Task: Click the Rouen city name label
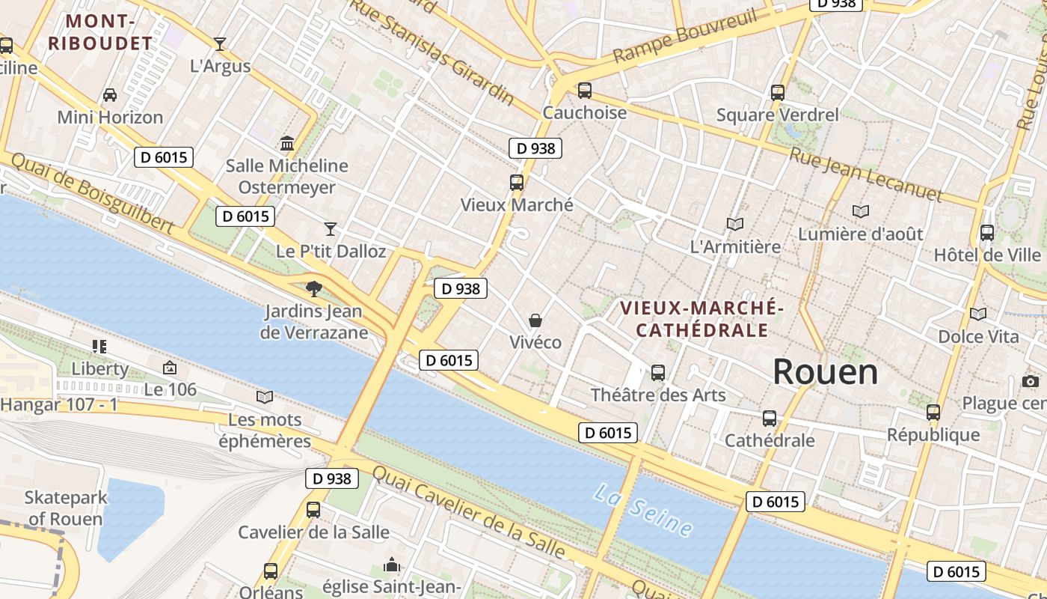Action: [x=825, y=371]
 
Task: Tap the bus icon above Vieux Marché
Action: [x=516, y=182]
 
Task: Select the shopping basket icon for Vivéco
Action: [x=535, y=320]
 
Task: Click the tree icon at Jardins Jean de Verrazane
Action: [x=314, y=288]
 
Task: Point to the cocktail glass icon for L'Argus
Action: [x=220, y=44]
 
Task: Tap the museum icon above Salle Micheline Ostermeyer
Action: [x=287, y=143]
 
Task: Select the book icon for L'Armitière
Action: [x=735, y=224]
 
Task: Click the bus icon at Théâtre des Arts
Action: [x=658, y=372]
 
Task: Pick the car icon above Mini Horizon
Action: [x=110, y=95]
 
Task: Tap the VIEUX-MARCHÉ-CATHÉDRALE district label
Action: [x=702, y=319]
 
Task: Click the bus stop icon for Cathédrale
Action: [x=770, y=418]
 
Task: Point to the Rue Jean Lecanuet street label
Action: [x=866, y=174]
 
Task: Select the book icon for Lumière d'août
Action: [x=861, y=212]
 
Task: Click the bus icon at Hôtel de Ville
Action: [x=987, y=233]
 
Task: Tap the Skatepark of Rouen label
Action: [x=66, y=508]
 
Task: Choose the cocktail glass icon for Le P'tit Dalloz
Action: [x=331, y=228]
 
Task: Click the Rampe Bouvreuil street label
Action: [x=685, y=36]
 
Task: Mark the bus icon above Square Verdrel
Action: [x=778, y=93]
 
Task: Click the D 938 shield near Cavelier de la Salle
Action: [x=332, y=478]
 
